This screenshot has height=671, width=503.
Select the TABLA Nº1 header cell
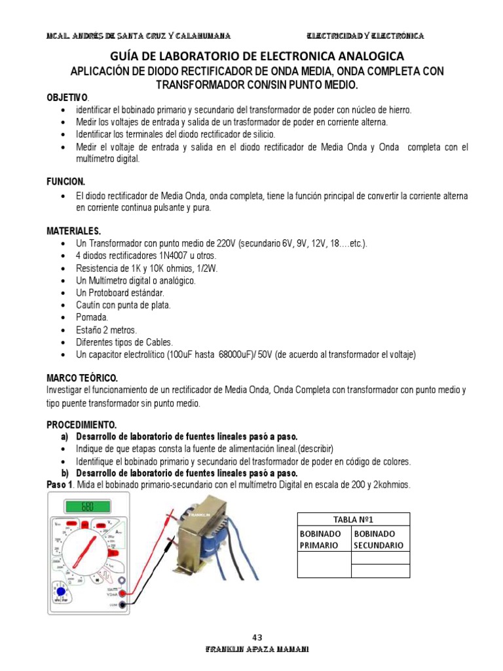[x=354, y=519]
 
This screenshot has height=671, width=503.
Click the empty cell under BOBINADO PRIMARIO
[x=324, y=564]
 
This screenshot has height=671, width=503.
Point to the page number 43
[x=257, y=637]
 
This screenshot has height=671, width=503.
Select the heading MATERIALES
[x=73, y=231]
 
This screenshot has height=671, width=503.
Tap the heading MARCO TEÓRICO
[x=82, y=378]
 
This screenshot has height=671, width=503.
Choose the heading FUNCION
[x=65, y=180]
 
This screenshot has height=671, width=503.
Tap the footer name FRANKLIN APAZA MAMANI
[x=257, y=649]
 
